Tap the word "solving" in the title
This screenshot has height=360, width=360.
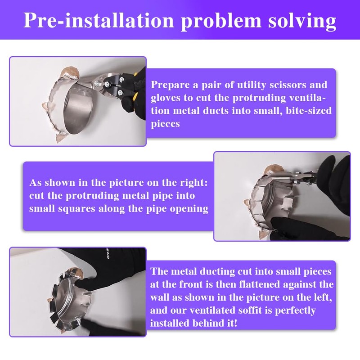click(302, 21)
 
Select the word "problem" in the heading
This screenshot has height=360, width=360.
click(221, 21)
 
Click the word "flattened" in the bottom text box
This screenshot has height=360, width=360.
click(260, 284)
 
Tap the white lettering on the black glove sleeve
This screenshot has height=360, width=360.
click(108, 254)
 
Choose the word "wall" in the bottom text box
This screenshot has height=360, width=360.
click(160, 297)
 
